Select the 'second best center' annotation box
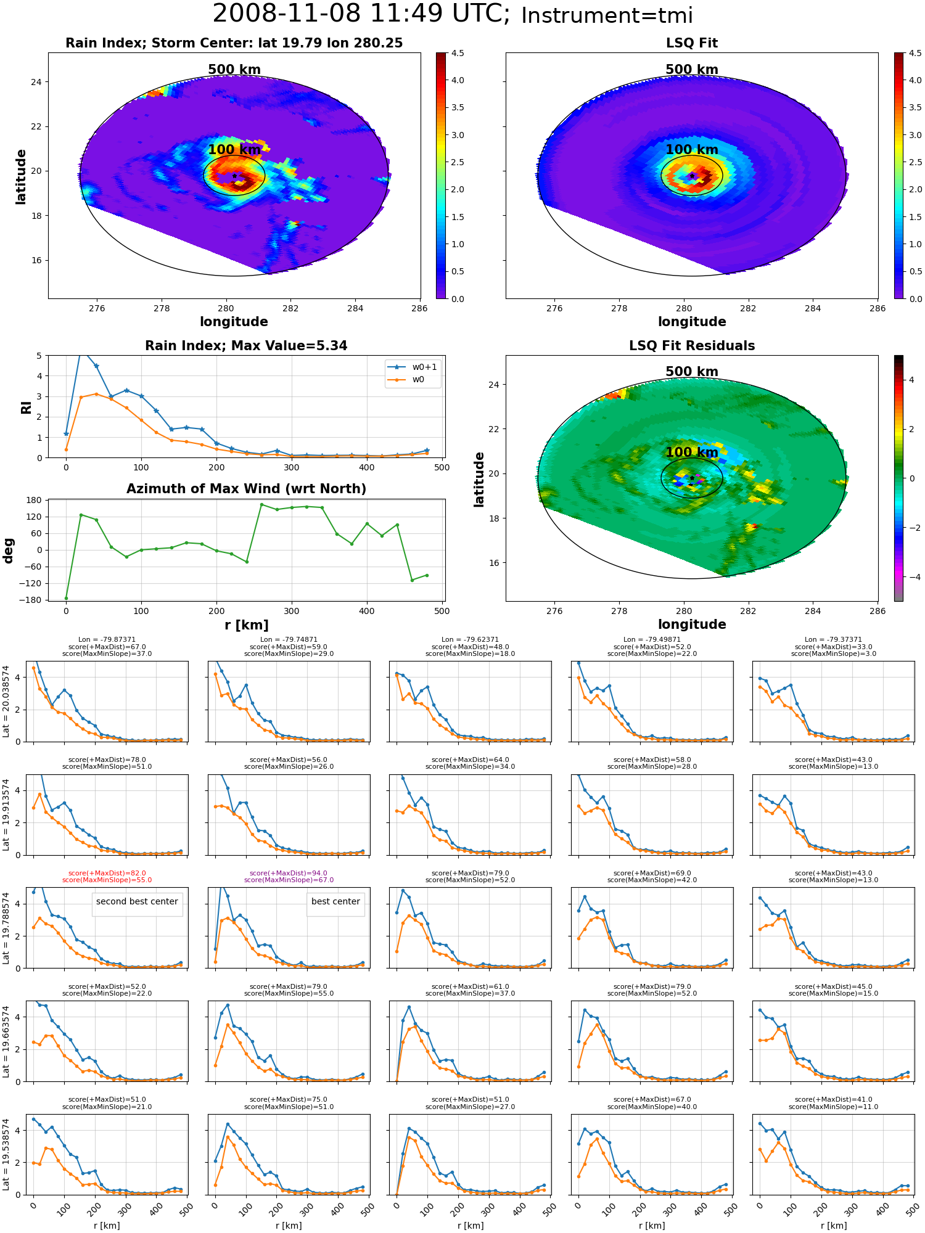pyautogui.click(x=137, y=902)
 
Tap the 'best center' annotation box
pyautogui.click(x=335, y=902)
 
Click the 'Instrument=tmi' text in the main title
pyautogui.click(x=607, y=15)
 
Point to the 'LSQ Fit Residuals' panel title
pyautogui.click(x=692, y=346)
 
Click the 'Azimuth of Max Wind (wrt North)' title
pyautogui.click(x=246, y=489)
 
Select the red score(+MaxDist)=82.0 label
pyautogui.click(x=107, y=873)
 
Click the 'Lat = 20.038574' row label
pyautogui.click(x=6, y=702)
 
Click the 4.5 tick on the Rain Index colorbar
pyautogui.click(x=458, y=53)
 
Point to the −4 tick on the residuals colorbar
pyautogui.click(x=911, y=577)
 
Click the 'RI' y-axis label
pyautogui.click(x=27, y=407)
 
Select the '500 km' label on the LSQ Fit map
pyautogui.click(x=692, y=70)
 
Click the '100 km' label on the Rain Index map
pyautogui.click(x=234, y=150)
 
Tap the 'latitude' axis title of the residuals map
pyautogui.click(x=479, y=479)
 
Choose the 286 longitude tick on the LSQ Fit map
pyautogui.click(x=878, y=309)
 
